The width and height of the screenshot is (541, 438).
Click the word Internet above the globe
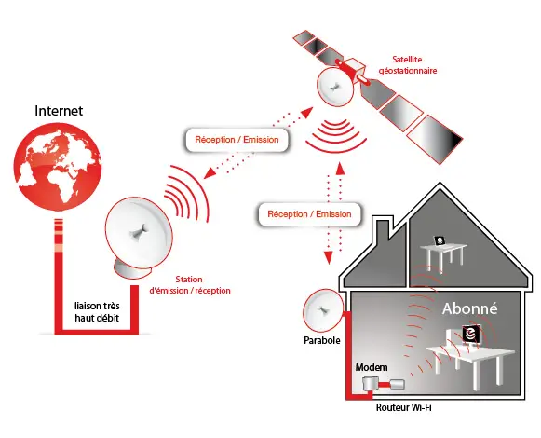[59, 111]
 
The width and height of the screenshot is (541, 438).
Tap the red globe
[58, 168]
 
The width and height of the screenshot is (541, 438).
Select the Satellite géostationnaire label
[408, 65]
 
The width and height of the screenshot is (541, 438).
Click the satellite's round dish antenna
[335, 87]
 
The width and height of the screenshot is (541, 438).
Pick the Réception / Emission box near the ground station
[237, 140]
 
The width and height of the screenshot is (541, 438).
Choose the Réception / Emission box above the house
[309, 214]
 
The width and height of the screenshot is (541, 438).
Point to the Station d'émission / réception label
[189, 285]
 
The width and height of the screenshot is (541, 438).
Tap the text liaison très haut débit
[97, 312]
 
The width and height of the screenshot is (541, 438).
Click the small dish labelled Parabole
[323, 309]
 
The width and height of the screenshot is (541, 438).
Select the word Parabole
[322, 340]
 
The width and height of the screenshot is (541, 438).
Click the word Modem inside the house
[372, 367]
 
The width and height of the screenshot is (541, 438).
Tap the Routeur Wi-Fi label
[404, 407]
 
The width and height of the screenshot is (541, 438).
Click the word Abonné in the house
[470, 308]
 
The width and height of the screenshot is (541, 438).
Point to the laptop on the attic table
[440, 240]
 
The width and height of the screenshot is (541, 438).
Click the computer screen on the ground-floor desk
[471, 334]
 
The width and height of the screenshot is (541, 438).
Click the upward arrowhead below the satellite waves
[340, 169]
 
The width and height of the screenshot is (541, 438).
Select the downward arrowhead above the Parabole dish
[328, 257]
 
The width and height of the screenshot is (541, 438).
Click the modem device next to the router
[370, 383]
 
